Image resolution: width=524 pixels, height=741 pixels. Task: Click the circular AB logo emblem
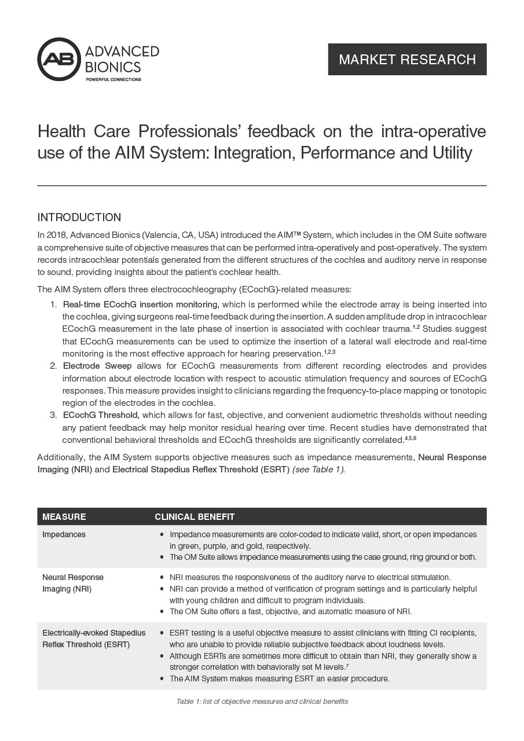pyautogui.click(x=59, y=59)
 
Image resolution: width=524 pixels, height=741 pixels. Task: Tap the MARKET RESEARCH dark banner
pyautogui.click(x=407, y=59)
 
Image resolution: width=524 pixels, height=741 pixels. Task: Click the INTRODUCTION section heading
pyautogui.click(x=79, y=218)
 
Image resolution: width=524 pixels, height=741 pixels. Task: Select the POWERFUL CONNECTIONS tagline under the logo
pyautogui.click(x=113, y=79)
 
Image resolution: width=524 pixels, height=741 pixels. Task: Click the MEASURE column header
pyautogui.click(x=64, y=516)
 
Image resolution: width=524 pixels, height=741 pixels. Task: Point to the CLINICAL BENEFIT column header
pyautogui.click(x=195, y=516)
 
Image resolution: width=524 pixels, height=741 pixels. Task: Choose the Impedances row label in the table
pyautogui.click(x=64, y=534)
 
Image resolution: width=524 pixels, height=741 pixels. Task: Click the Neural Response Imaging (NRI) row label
pyautogui.click(x=73, y=583)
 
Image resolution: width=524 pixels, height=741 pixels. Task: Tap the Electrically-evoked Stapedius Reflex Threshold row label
pyautogui.click(x=94, y=639)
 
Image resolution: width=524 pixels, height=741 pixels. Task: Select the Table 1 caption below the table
pyautogui.click(x=262, y=702)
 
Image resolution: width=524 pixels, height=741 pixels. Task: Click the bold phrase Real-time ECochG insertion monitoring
pyautogui.click(x=141, y=305)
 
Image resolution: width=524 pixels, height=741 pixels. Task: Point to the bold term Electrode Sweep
pyautogui.click(x=97, y=366)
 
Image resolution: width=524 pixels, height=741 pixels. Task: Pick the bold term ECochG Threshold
pyautogui.click(x=101, y=415)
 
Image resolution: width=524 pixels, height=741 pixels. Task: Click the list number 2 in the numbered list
pyautogui.click(x=52, y=366)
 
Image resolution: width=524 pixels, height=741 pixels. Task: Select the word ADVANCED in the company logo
pyautogui.click(x=122, y=52)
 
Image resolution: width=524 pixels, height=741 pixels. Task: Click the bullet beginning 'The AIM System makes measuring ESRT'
pyautogui.click(x=279, y=678)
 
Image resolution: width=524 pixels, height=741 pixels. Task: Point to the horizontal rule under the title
pyautogui.click(x=262, y=186)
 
